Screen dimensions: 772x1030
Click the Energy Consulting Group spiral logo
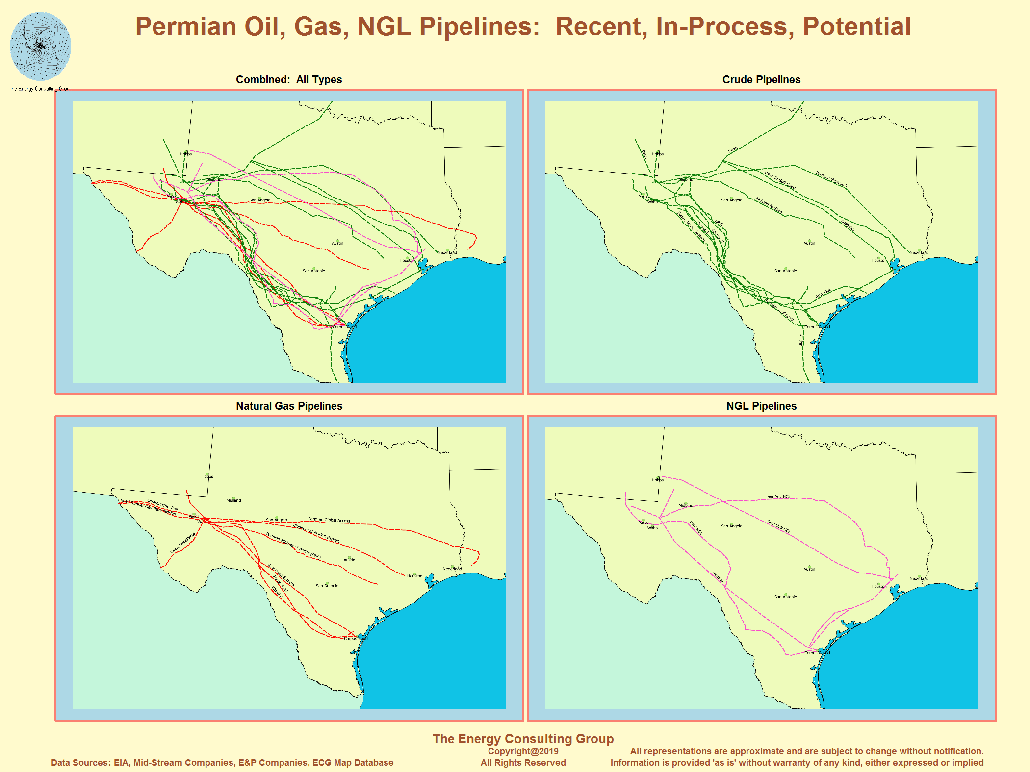coord(40,47)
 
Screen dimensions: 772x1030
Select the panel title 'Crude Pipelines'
coord(761,80)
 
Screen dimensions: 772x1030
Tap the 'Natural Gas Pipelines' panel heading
coord(289,406)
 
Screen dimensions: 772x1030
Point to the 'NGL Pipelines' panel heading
coord(761,406)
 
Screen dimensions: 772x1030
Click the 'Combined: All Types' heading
coord(289,80)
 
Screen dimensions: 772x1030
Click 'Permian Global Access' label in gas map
coord(329,520)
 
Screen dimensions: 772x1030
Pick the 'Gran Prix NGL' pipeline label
coord(777,497)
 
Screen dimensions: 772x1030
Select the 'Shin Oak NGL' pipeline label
coord(779,526)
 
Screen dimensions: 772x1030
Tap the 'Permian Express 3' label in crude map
coord(831,179)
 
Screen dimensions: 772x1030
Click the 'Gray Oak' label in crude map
coord(823,294)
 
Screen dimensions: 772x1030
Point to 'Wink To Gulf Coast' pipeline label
coord(780,180)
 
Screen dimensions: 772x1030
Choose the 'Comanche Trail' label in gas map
coord(162,505)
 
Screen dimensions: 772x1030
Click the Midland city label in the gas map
coord(233,500)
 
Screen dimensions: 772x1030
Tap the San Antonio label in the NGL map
coord(785,597)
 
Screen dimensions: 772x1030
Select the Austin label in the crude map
coord(809,243)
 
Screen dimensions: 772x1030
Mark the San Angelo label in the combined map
coord(259,200)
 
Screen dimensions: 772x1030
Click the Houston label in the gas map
coord(414,576)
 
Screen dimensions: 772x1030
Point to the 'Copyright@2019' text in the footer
coord(523,751)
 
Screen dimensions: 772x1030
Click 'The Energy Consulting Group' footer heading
coord(523,739)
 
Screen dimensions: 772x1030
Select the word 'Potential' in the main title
coord(856,27)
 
